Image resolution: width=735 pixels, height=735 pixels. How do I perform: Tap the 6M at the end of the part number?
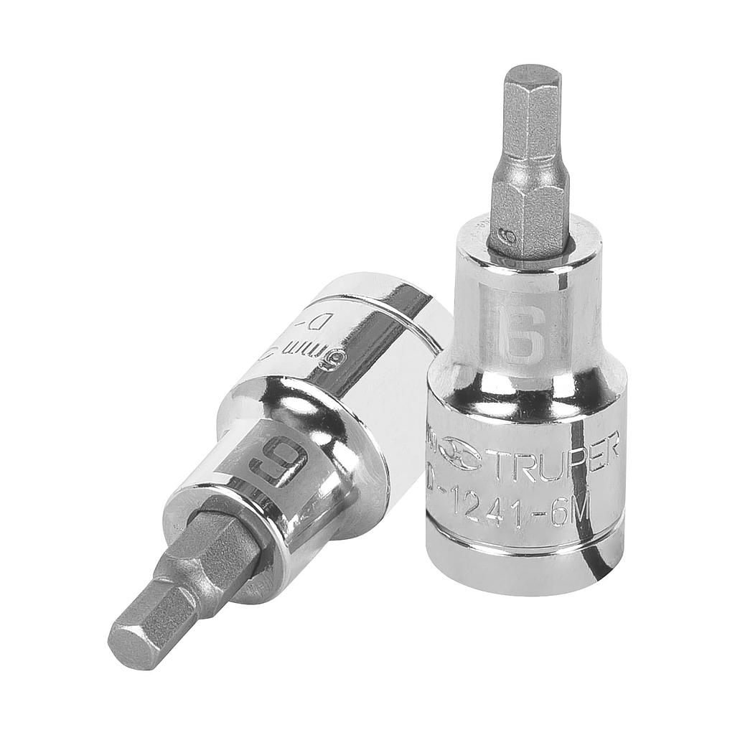(571, 511)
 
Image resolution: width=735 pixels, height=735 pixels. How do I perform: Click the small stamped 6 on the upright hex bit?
(508, 237)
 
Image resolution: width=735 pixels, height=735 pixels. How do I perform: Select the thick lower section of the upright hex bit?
(530, 212)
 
